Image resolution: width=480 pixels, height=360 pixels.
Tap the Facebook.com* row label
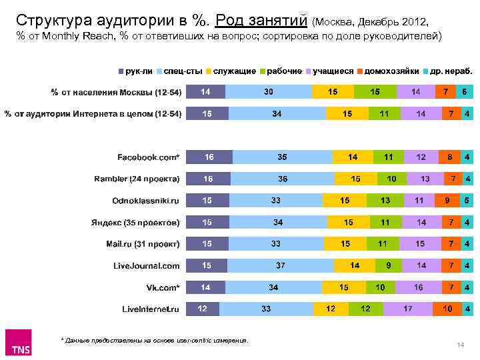(x=149, y=157)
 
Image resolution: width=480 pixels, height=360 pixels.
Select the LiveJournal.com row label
(x=147, y=265)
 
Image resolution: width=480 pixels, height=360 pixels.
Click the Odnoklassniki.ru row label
(x=146, y=201)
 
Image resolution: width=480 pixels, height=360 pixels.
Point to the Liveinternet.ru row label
(x=151, y=309)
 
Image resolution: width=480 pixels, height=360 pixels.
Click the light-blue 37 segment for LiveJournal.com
(x=281, y=265)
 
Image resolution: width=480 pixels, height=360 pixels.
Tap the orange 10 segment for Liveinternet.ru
(x=447, y=309)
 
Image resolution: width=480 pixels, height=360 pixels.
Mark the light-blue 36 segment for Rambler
(x=283, y=179)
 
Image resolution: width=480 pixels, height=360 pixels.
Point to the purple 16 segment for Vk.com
(x=418, y=287)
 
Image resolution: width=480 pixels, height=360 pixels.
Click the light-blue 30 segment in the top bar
(x=268, y=92)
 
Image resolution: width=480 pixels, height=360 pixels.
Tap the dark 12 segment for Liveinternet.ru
(x=202, y=309)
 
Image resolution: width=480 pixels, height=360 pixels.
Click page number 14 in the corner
(x=460, y=344)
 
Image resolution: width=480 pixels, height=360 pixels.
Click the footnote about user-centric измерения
(x=155, y=340)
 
